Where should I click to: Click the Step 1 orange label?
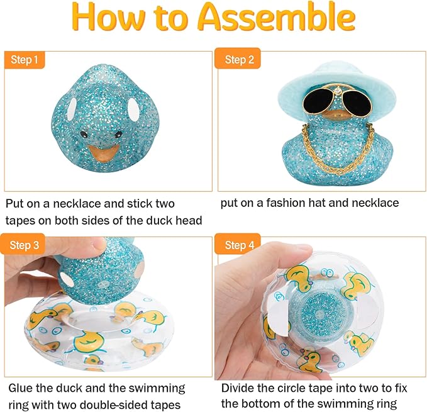click(x=25, y=60)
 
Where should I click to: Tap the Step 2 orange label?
click(x=239, y=60)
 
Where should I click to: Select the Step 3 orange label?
click(x=25, y=245)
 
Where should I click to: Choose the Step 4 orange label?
click(x=239, y=245)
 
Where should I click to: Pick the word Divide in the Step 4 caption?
click(x=238, y=388)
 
